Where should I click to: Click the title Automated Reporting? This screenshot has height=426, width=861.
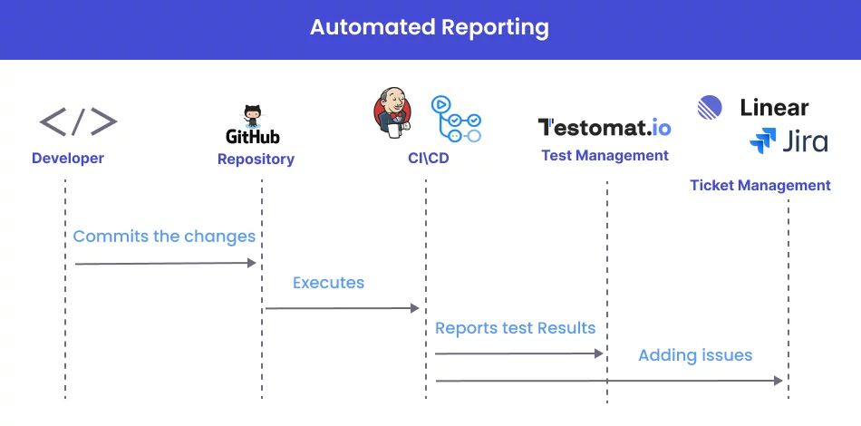430,27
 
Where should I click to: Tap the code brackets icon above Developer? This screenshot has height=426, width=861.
78,121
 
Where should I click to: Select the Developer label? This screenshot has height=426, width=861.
68,159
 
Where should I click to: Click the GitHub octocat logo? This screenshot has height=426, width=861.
253,117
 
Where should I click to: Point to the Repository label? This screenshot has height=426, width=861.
256,160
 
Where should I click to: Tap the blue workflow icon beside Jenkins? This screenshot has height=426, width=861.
456,119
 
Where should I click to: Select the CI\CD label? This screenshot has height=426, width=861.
428,159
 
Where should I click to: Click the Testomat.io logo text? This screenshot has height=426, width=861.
605,127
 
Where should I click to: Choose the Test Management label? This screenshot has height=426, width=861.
605,155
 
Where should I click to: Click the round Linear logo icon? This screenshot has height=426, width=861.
711,108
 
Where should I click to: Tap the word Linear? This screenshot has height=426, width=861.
774,108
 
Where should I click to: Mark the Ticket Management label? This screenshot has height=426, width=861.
759,186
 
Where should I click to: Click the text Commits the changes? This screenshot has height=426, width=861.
164,237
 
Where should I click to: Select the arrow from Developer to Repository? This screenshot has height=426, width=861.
166,264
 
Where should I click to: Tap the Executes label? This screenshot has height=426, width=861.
328,283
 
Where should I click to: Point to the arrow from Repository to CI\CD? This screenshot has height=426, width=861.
343,309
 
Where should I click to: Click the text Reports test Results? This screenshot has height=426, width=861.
515,328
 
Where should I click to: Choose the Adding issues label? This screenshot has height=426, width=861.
695,355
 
